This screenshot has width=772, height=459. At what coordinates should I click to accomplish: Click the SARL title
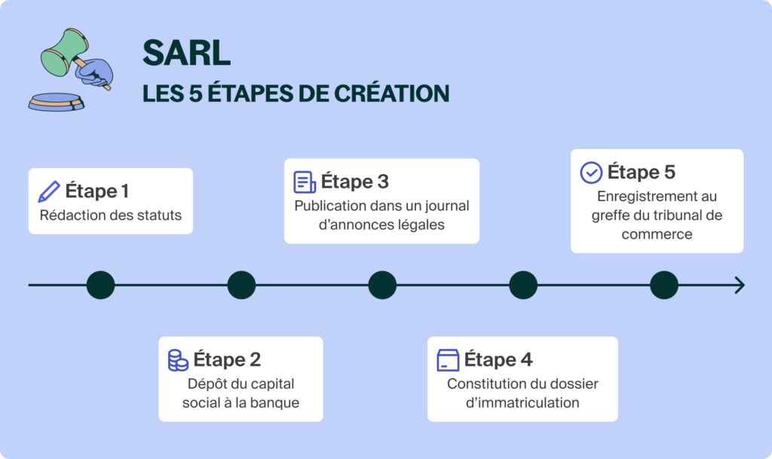(186, 52)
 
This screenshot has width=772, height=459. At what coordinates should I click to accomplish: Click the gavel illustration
(72, 69)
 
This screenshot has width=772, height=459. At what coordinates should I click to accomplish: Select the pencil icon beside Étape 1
(48, 191)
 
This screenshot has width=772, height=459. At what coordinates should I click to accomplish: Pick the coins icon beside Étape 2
(178, 360)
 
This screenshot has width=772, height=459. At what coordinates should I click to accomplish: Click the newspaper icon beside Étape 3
(305, 182)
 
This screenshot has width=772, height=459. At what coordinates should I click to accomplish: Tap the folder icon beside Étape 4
(448, 360)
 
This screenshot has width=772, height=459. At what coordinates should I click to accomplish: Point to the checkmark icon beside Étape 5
(591, 173)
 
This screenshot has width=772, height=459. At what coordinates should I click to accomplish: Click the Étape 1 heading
(97, 191)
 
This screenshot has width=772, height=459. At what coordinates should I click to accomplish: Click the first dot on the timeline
(101, 285)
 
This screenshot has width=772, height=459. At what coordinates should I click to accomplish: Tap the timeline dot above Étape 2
(241, 285)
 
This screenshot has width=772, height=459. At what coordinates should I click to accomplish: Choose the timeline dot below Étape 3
(382, 285)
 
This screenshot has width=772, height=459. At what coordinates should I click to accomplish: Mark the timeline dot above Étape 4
(523, 285)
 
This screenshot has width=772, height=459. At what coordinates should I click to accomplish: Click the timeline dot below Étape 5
(664, 285)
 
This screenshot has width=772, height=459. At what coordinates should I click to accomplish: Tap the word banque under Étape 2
(277, 402)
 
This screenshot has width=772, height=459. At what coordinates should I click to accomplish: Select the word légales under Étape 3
(418, 225)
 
